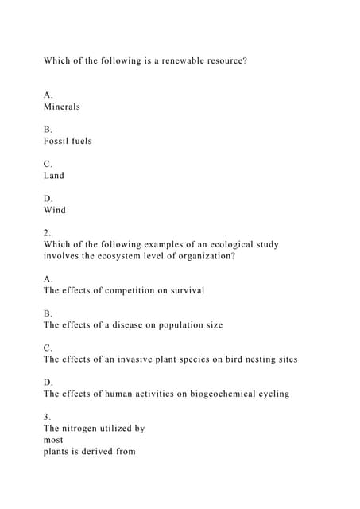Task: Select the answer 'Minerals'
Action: pos(62,107)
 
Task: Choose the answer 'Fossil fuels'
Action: pos(68,141)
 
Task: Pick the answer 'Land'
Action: pos(54,175)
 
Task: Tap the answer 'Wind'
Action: pos(55,210)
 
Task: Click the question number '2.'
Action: pos(48,232)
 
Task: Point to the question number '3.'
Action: pos(48,416)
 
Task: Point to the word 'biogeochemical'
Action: pos(211,394)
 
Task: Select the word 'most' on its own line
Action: pos(54,439)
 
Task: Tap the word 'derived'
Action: pos(99,451)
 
